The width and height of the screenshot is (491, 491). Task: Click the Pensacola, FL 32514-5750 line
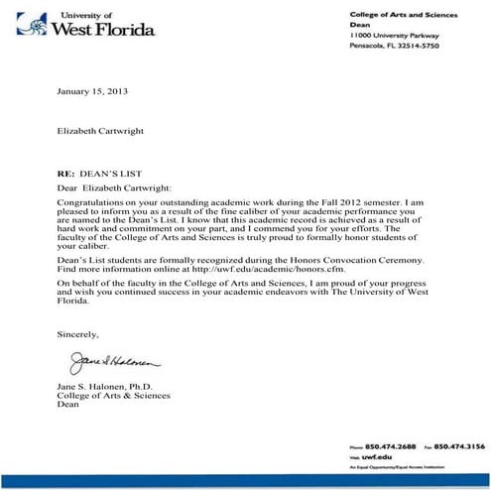[x=394, y=46]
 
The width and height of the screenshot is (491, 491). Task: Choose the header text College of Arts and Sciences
[x=403, y=13]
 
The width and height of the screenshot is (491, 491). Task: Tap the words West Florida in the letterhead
[x=106, y=29]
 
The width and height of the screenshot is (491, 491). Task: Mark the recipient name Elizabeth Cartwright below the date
[x=105, y=129]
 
